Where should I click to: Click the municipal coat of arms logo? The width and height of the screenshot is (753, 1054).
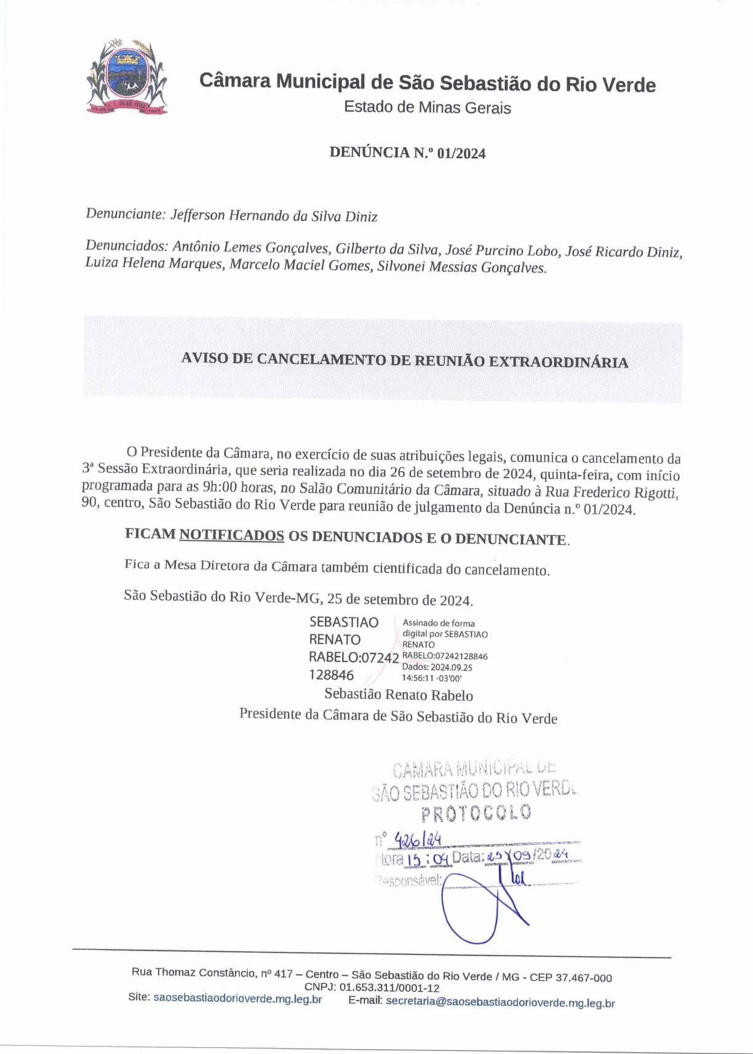127,77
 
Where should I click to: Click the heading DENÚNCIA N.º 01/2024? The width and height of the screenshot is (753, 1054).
407,153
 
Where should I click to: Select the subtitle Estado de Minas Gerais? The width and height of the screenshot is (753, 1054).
427,107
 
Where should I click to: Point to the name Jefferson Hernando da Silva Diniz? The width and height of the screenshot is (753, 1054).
274,216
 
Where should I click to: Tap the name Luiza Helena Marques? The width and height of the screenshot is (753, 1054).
154,264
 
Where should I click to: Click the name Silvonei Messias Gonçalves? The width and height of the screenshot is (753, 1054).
461,268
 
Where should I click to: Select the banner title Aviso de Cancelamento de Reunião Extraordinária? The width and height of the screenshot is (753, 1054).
404,361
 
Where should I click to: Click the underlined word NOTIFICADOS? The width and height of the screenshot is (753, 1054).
231,535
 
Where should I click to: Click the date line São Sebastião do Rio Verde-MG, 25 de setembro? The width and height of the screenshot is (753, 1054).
298,597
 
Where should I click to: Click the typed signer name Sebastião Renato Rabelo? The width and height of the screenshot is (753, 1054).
399,695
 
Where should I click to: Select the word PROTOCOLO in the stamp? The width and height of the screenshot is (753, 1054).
476,813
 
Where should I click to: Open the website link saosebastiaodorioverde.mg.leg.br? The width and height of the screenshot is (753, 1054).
237,999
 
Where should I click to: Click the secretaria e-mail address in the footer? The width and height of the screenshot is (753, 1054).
500,1002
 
